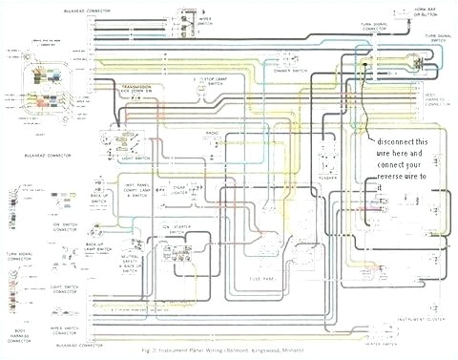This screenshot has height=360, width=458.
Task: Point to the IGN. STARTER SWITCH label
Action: click(x=183, y=227)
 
